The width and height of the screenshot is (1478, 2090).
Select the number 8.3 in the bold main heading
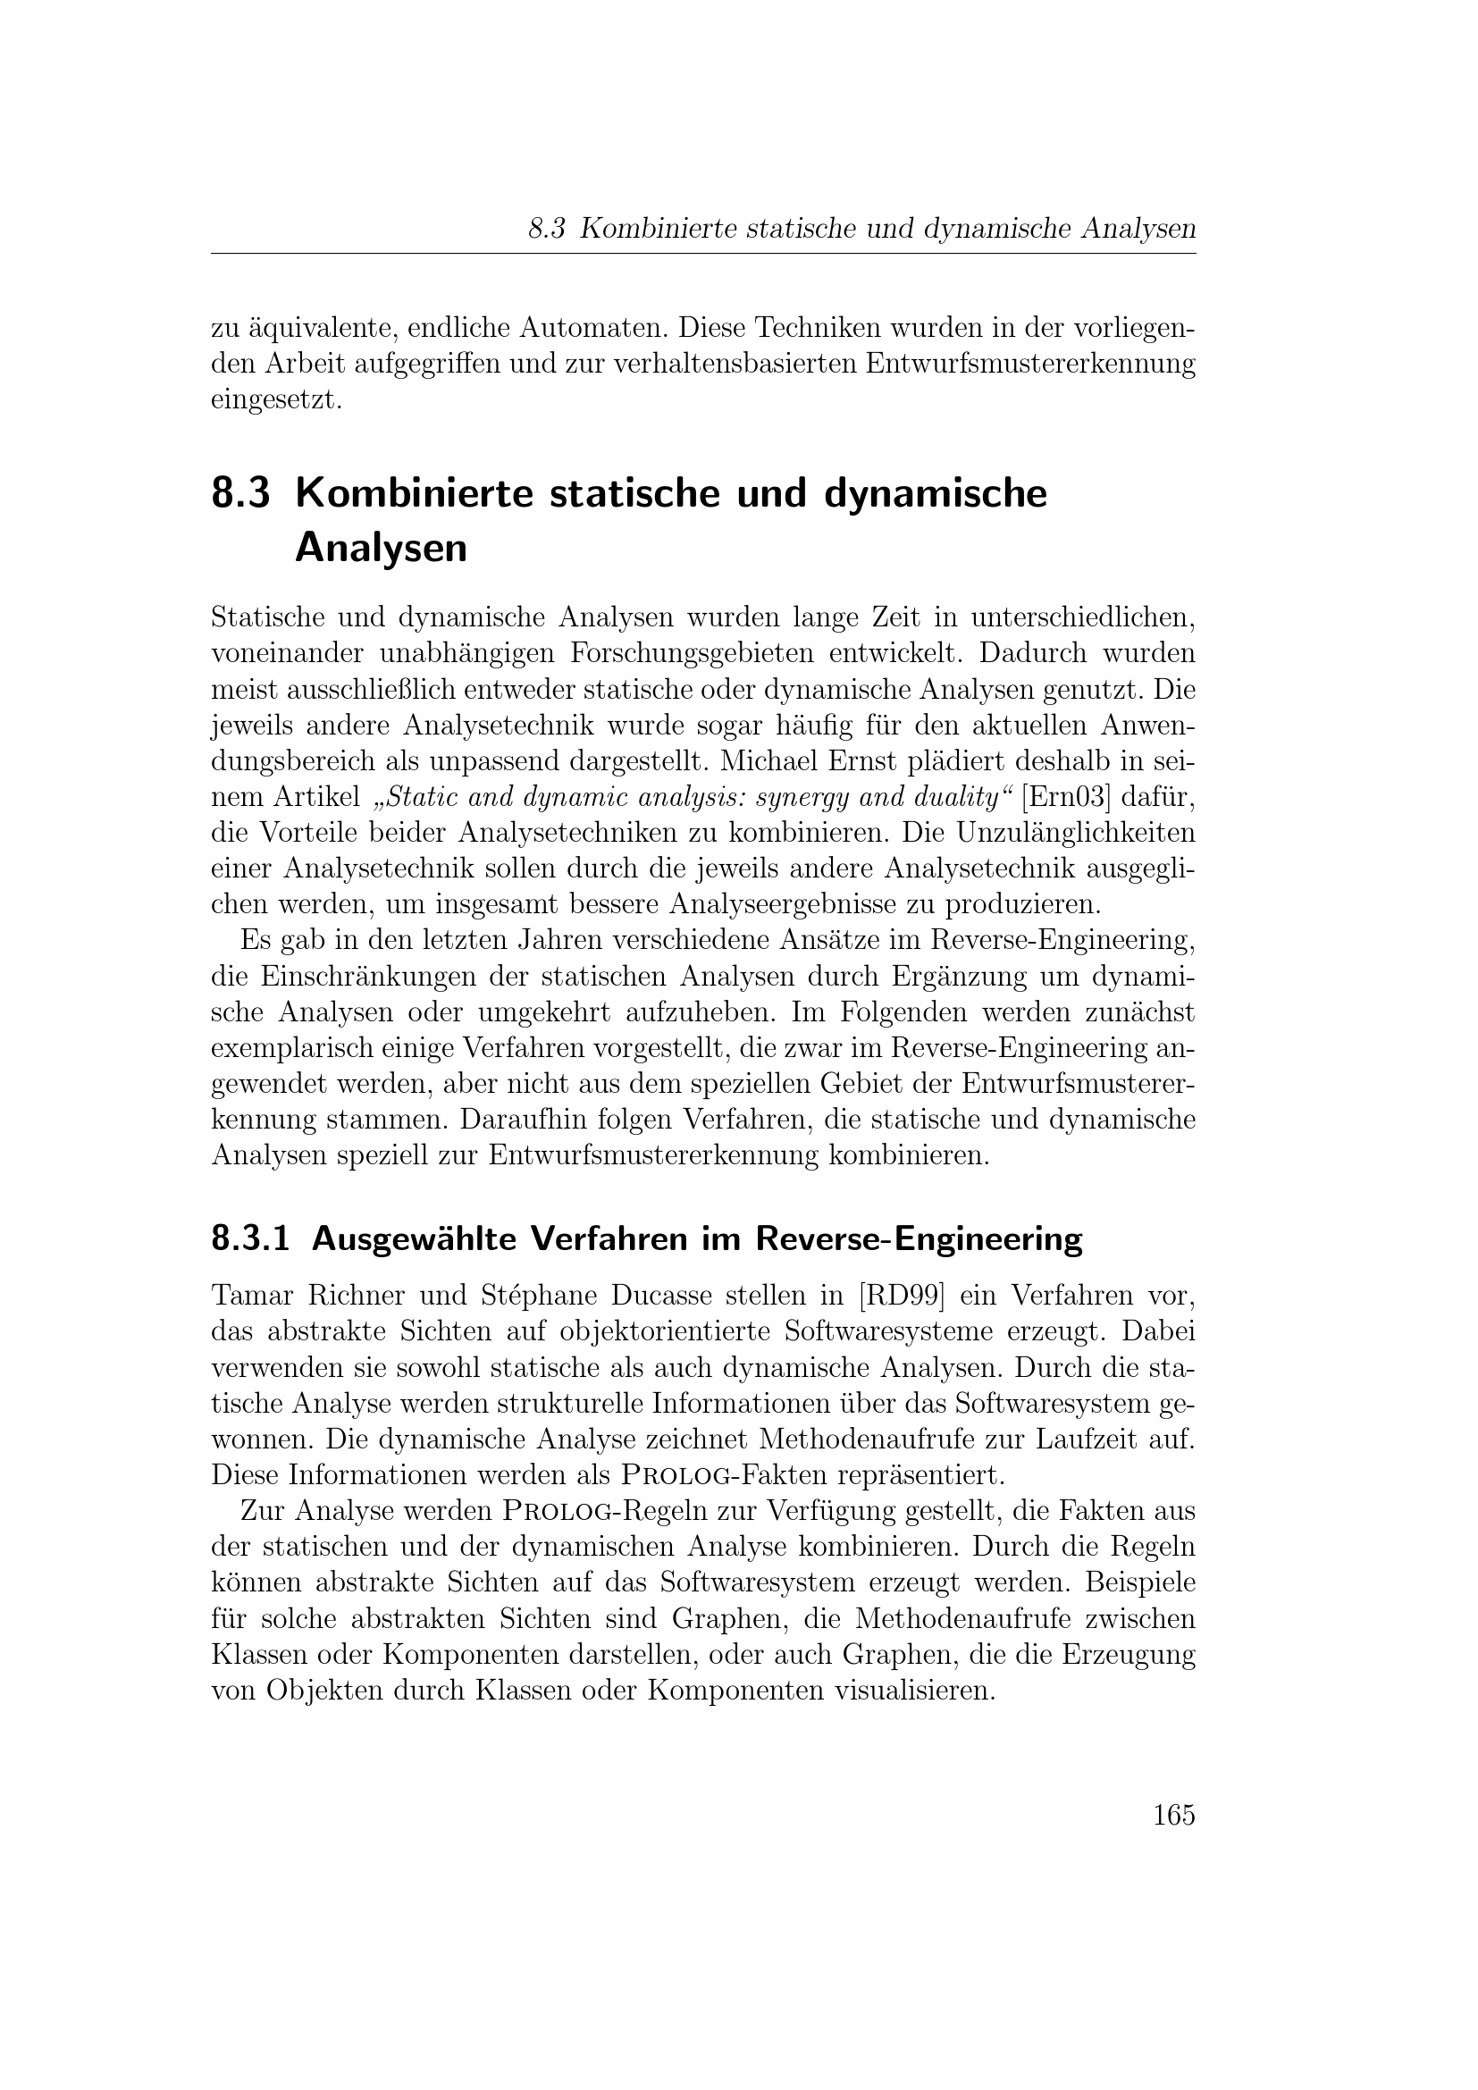coord(241,493)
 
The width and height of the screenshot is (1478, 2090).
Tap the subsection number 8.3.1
coord(250,1240)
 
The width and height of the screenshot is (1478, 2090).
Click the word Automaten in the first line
coord(592,327)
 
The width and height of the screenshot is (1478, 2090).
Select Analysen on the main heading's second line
coord(381,548)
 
